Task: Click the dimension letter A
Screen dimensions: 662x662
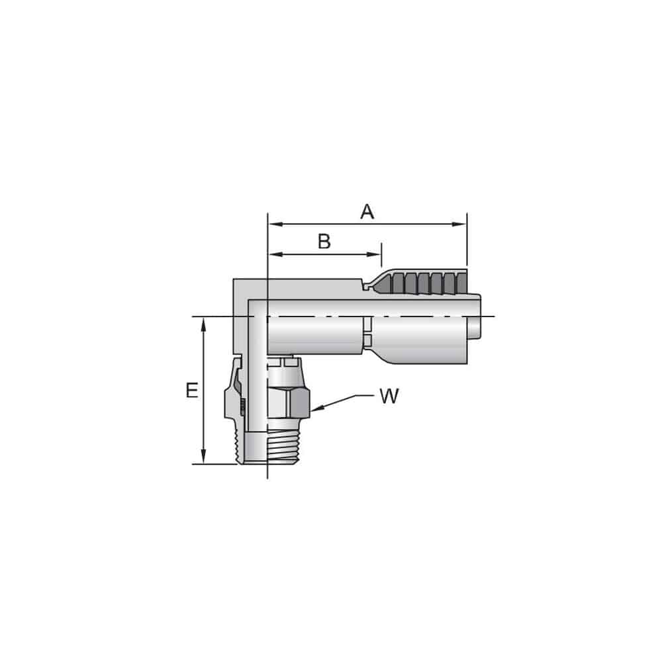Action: [x=367, y=212]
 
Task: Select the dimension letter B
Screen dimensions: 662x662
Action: [x=324, y=242]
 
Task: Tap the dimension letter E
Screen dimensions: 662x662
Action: [x=192, y=391]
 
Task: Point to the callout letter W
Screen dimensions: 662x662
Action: [x=389, y=397]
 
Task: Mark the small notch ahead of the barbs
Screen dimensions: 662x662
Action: [x=365, y=287]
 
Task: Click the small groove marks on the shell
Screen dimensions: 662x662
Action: [x=366, y=331]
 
